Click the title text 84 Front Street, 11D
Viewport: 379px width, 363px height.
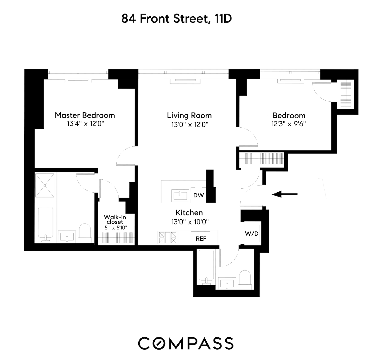pos(176,19)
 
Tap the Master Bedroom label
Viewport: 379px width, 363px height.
pos(85,115)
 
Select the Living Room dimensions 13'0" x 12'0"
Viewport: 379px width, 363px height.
pos(190,124)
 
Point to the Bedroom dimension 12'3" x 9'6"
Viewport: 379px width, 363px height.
pos(288,124)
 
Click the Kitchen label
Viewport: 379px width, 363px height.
pos(189,213)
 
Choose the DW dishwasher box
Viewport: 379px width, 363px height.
pos(198,195)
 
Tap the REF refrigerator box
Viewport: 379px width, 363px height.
pos(201,239)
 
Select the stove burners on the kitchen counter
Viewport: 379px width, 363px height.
pos(167,237)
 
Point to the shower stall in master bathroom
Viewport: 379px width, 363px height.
pos(45,185)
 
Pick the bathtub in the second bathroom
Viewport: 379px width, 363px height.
pos(206,267)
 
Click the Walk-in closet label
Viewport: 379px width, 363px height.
pos(115,219)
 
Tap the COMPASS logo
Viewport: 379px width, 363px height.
pos(186,343)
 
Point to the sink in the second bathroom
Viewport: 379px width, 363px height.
pos(227,284)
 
